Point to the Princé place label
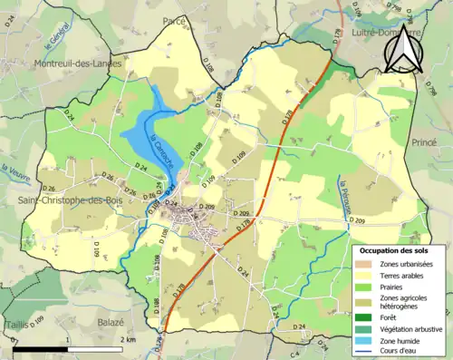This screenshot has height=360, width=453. click(424, 142)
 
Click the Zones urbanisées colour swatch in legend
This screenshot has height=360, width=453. click(363, 263)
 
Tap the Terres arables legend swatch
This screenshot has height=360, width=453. click(363, 275)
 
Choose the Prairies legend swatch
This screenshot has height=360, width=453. click(363, 287)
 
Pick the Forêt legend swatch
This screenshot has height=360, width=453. click(363, 316)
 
